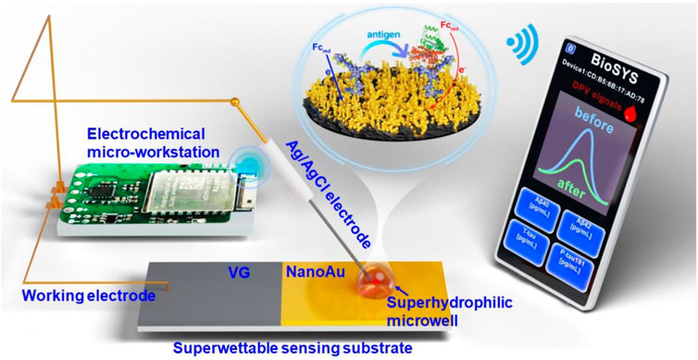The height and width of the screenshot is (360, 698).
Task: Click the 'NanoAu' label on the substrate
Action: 307,274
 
